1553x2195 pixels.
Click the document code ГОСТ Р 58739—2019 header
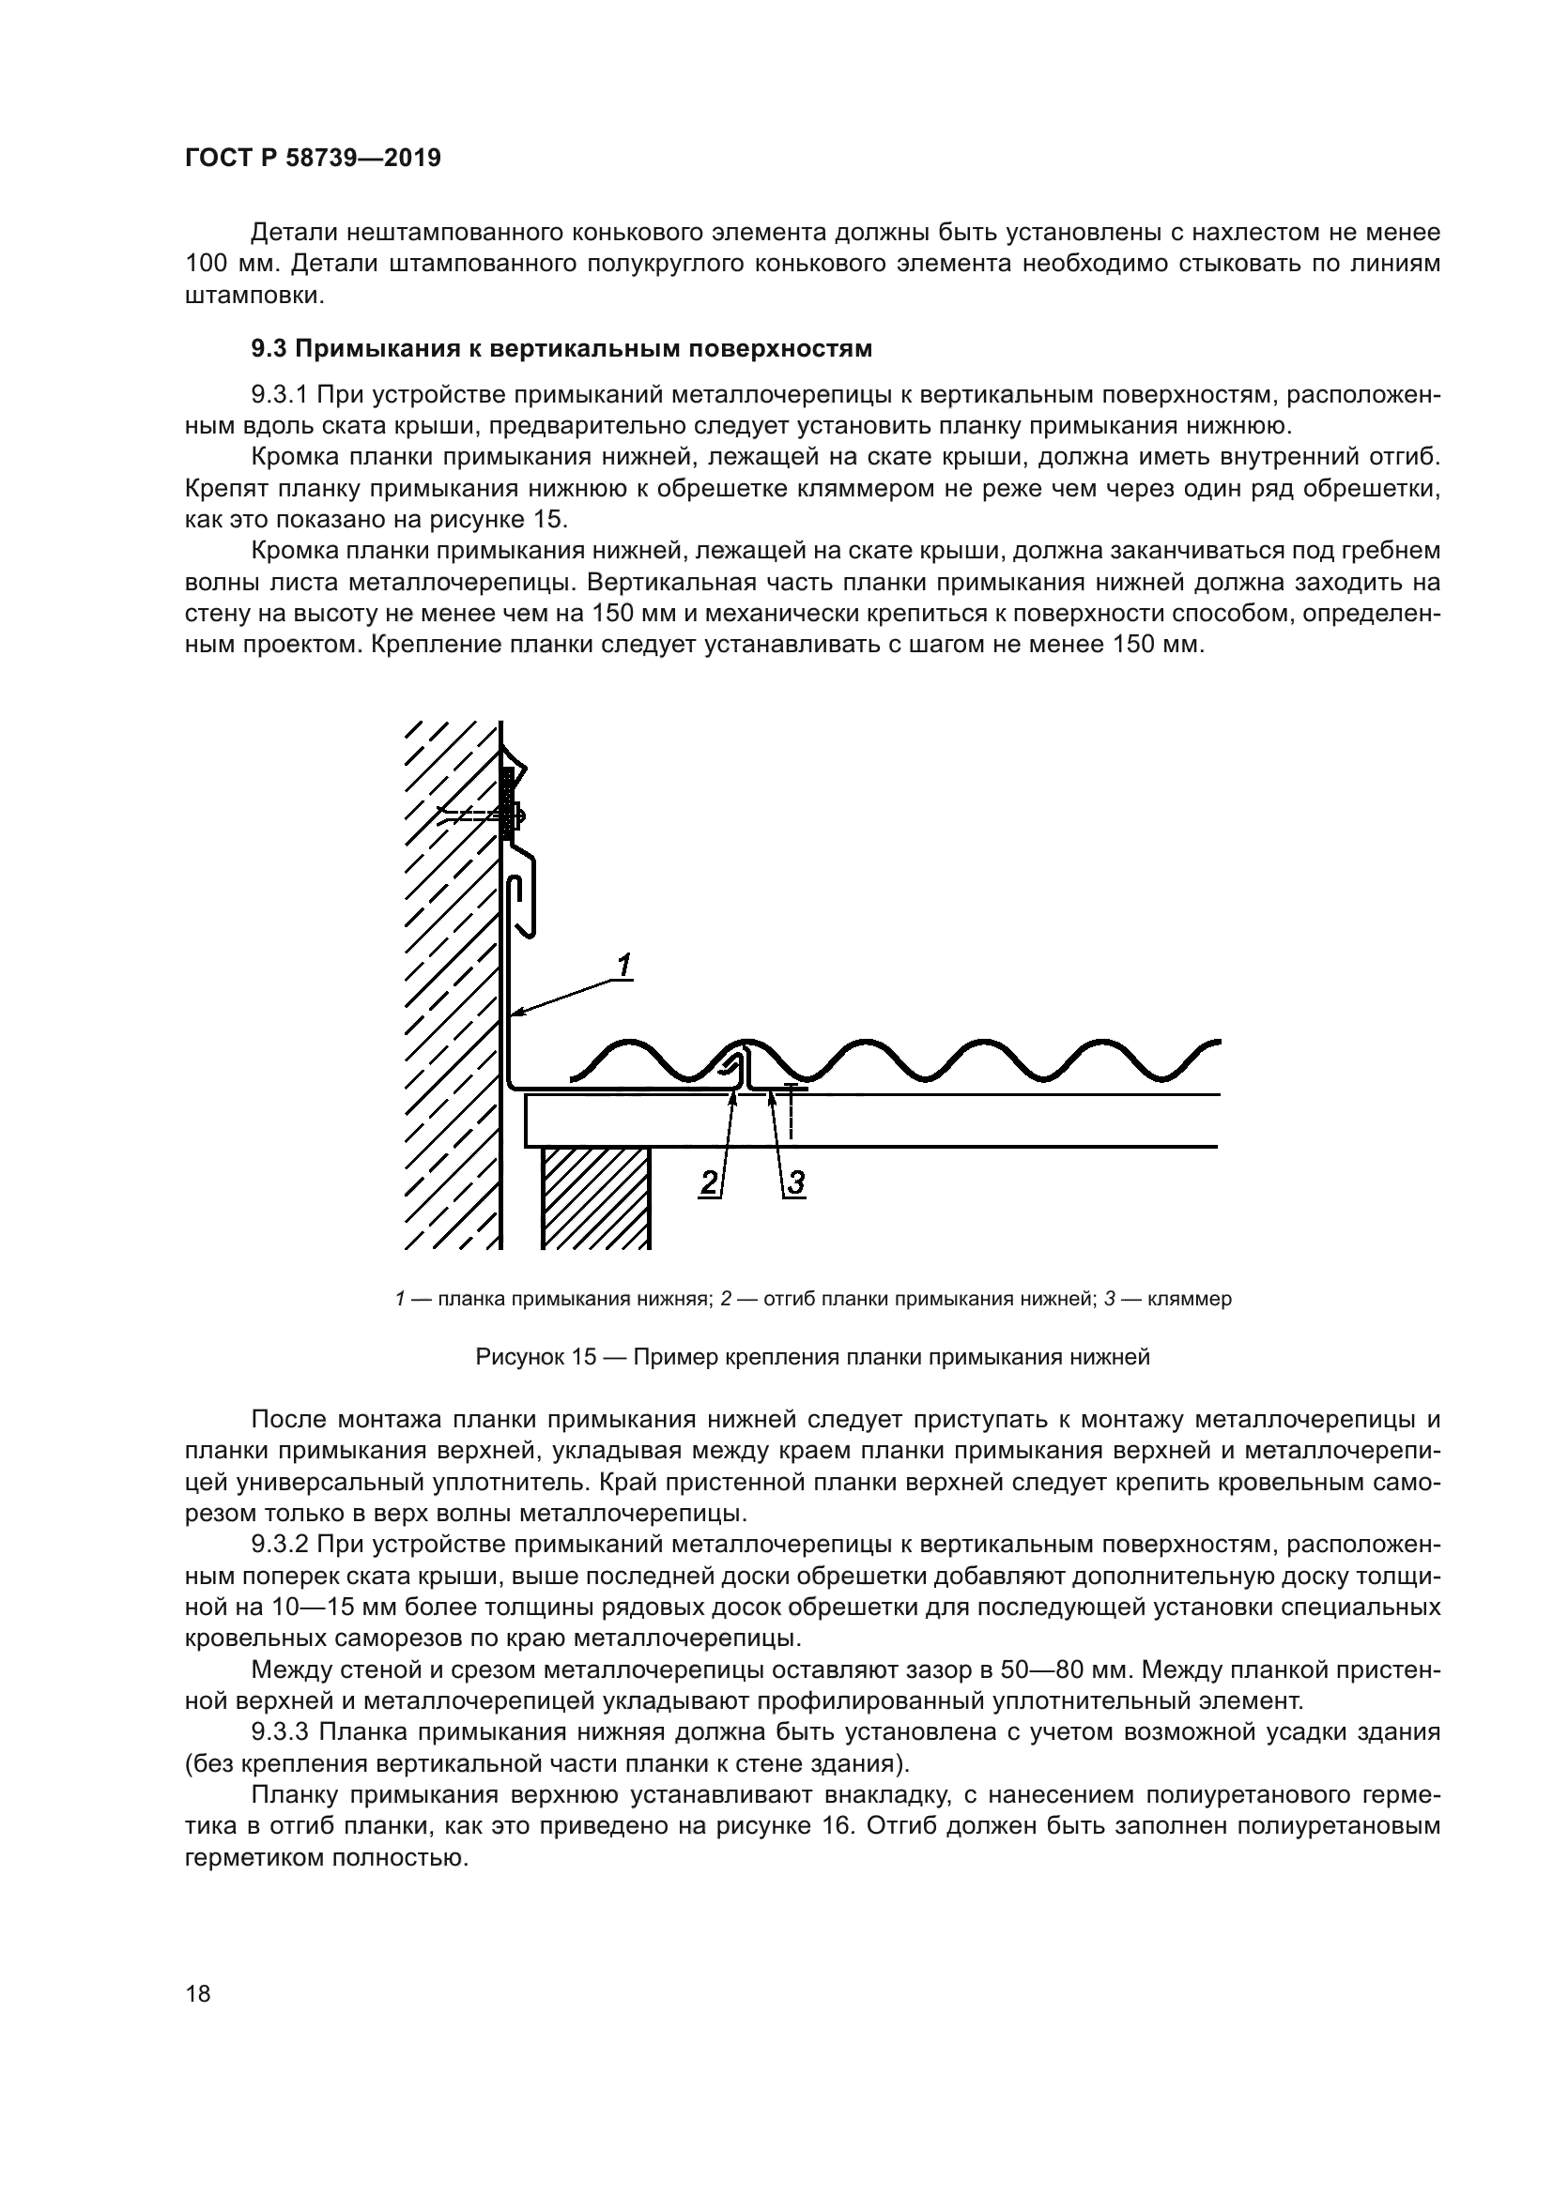313,159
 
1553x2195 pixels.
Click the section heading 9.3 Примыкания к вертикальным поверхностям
561,349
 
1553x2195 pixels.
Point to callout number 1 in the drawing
623,966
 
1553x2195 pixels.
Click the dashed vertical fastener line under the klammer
791,1115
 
